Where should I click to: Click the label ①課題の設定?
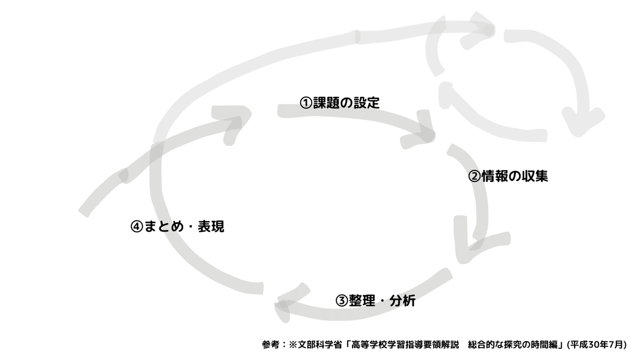tap(340, 103)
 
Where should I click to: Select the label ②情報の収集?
tap(508, 176)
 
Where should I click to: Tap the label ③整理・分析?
tap(376, 301)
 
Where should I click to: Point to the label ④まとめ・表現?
tap(178, 226)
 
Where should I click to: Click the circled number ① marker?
tap(306, 103)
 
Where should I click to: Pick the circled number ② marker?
tap(475, 177)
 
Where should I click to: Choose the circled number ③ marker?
tap(342, 301)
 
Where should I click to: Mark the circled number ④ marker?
tap(137, 227)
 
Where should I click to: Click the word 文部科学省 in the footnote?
tap(320, 344)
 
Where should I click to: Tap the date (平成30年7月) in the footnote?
tap(597, 344)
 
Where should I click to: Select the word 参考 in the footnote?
tap(271, 344)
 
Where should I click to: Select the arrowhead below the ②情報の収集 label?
tap(481, 240)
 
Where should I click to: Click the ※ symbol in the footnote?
tap(293, 344)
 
